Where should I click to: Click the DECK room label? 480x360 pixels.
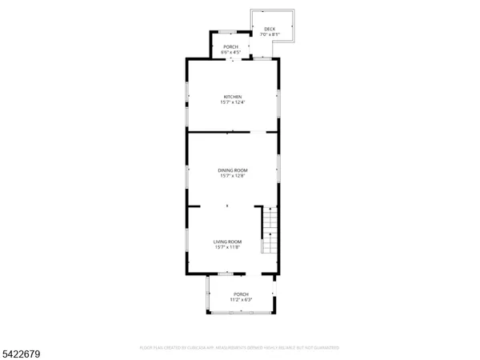point(270,30)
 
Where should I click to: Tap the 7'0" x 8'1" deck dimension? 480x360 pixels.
point(270,35)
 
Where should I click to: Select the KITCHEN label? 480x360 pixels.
point(232,97)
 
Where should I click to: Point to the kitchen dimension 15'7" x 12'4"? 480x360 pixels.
point(232,102)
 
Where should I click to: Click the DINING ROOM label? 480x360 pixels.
point(233,170)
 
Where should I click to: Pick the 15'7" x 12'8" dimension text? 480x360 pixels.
point(233,176)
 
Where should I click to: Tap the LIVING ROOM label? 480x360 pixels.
point(227,242)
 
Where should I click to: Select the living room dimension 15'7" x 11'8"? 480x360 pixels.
point(227,247)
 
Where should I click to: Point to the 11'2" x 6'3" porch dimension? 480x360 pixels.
point(242,299)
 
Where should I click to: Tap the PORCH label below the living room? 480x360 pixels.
point(241,294)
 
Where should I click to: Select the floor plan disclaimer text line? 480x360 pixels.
point(240,348)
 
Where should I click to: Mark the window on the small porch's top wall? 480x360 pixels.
point(227,32)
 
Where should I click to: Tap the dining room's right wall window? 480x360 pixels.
point(279,164)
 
